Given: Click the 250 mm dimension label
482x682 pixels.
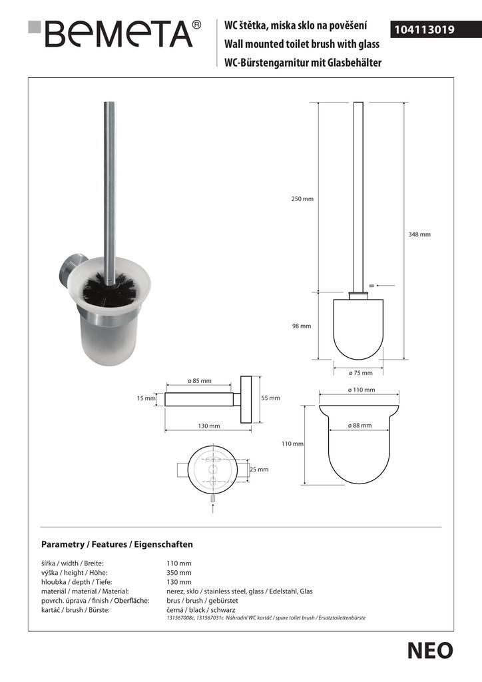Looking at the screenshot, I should pos(302,199).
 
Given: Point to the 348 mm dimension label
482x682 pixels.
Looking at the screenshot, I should pos(419,234).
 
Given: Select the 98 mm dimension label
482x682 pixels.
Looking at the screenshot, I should pos(301,326).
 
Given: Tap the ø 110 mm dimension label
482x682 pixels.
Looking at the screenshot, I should pos(361,390).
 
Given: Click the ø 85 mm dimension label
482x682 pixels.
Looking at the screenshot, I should pos(199,381).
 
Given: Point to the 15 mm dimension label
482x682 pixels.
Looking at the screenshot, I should pos(146,398).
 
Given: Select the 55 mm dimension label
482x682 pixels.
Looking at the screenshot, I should pos(270,398).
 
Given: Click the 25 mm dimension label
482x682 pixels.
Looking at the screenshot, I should pos(259,469).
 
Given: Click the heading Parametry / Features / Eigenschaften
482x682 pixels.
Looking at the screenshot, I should pos(117,544).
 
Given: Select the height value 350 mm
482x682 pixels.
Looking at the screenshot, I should pos(178,573).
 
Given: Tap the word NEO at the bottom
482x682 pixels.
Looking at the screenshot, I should pos(430,651).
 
